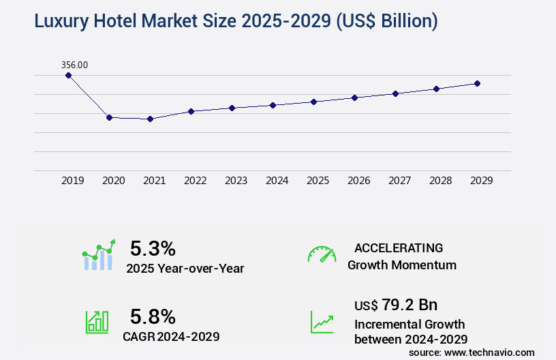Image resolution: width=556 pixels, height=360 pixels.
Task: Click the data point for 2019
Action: (68, 75)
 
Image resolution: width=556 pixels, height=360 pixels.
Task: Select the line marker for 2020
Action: (109, 117)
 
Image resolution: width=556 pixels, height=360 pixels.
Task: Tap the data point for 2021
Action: (150, 119)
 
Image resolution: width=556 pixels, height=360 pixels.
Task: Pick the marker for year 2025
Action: (313, 102)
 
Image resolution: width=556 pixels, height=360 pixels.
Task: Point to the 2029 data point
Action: (477, 83)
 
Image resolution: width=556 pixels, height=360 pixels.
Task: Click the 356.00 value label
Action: (74, 65)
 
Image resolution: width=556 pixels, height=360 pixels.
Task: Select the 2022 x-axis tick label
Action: (195, 181)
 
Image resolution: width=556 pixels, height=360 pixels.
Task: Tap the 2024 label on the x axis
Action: (277, 181)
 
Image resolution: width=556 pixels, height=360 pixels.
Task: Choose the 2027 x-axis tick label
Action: (399, 181)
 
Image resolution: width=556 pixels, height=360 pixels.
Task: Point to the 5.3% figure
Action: (153, 248)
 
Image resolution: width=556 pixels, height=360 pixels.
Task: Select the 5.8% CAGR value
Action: (153, 316)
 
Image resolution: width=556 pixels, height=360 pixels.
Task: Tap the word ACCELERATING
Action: (399, 248)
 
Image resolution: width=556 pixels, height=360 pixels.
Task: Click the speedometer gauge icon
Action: (322, 254)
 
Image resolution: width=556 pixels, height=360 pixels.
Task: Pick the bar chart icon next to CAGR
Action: (97, 322)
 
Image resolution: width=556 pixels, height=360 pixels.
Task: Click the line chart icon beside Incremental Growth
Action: (322, 322)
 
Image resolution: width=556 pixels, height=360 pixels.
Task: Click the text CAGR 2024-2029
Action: (171, 336)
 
